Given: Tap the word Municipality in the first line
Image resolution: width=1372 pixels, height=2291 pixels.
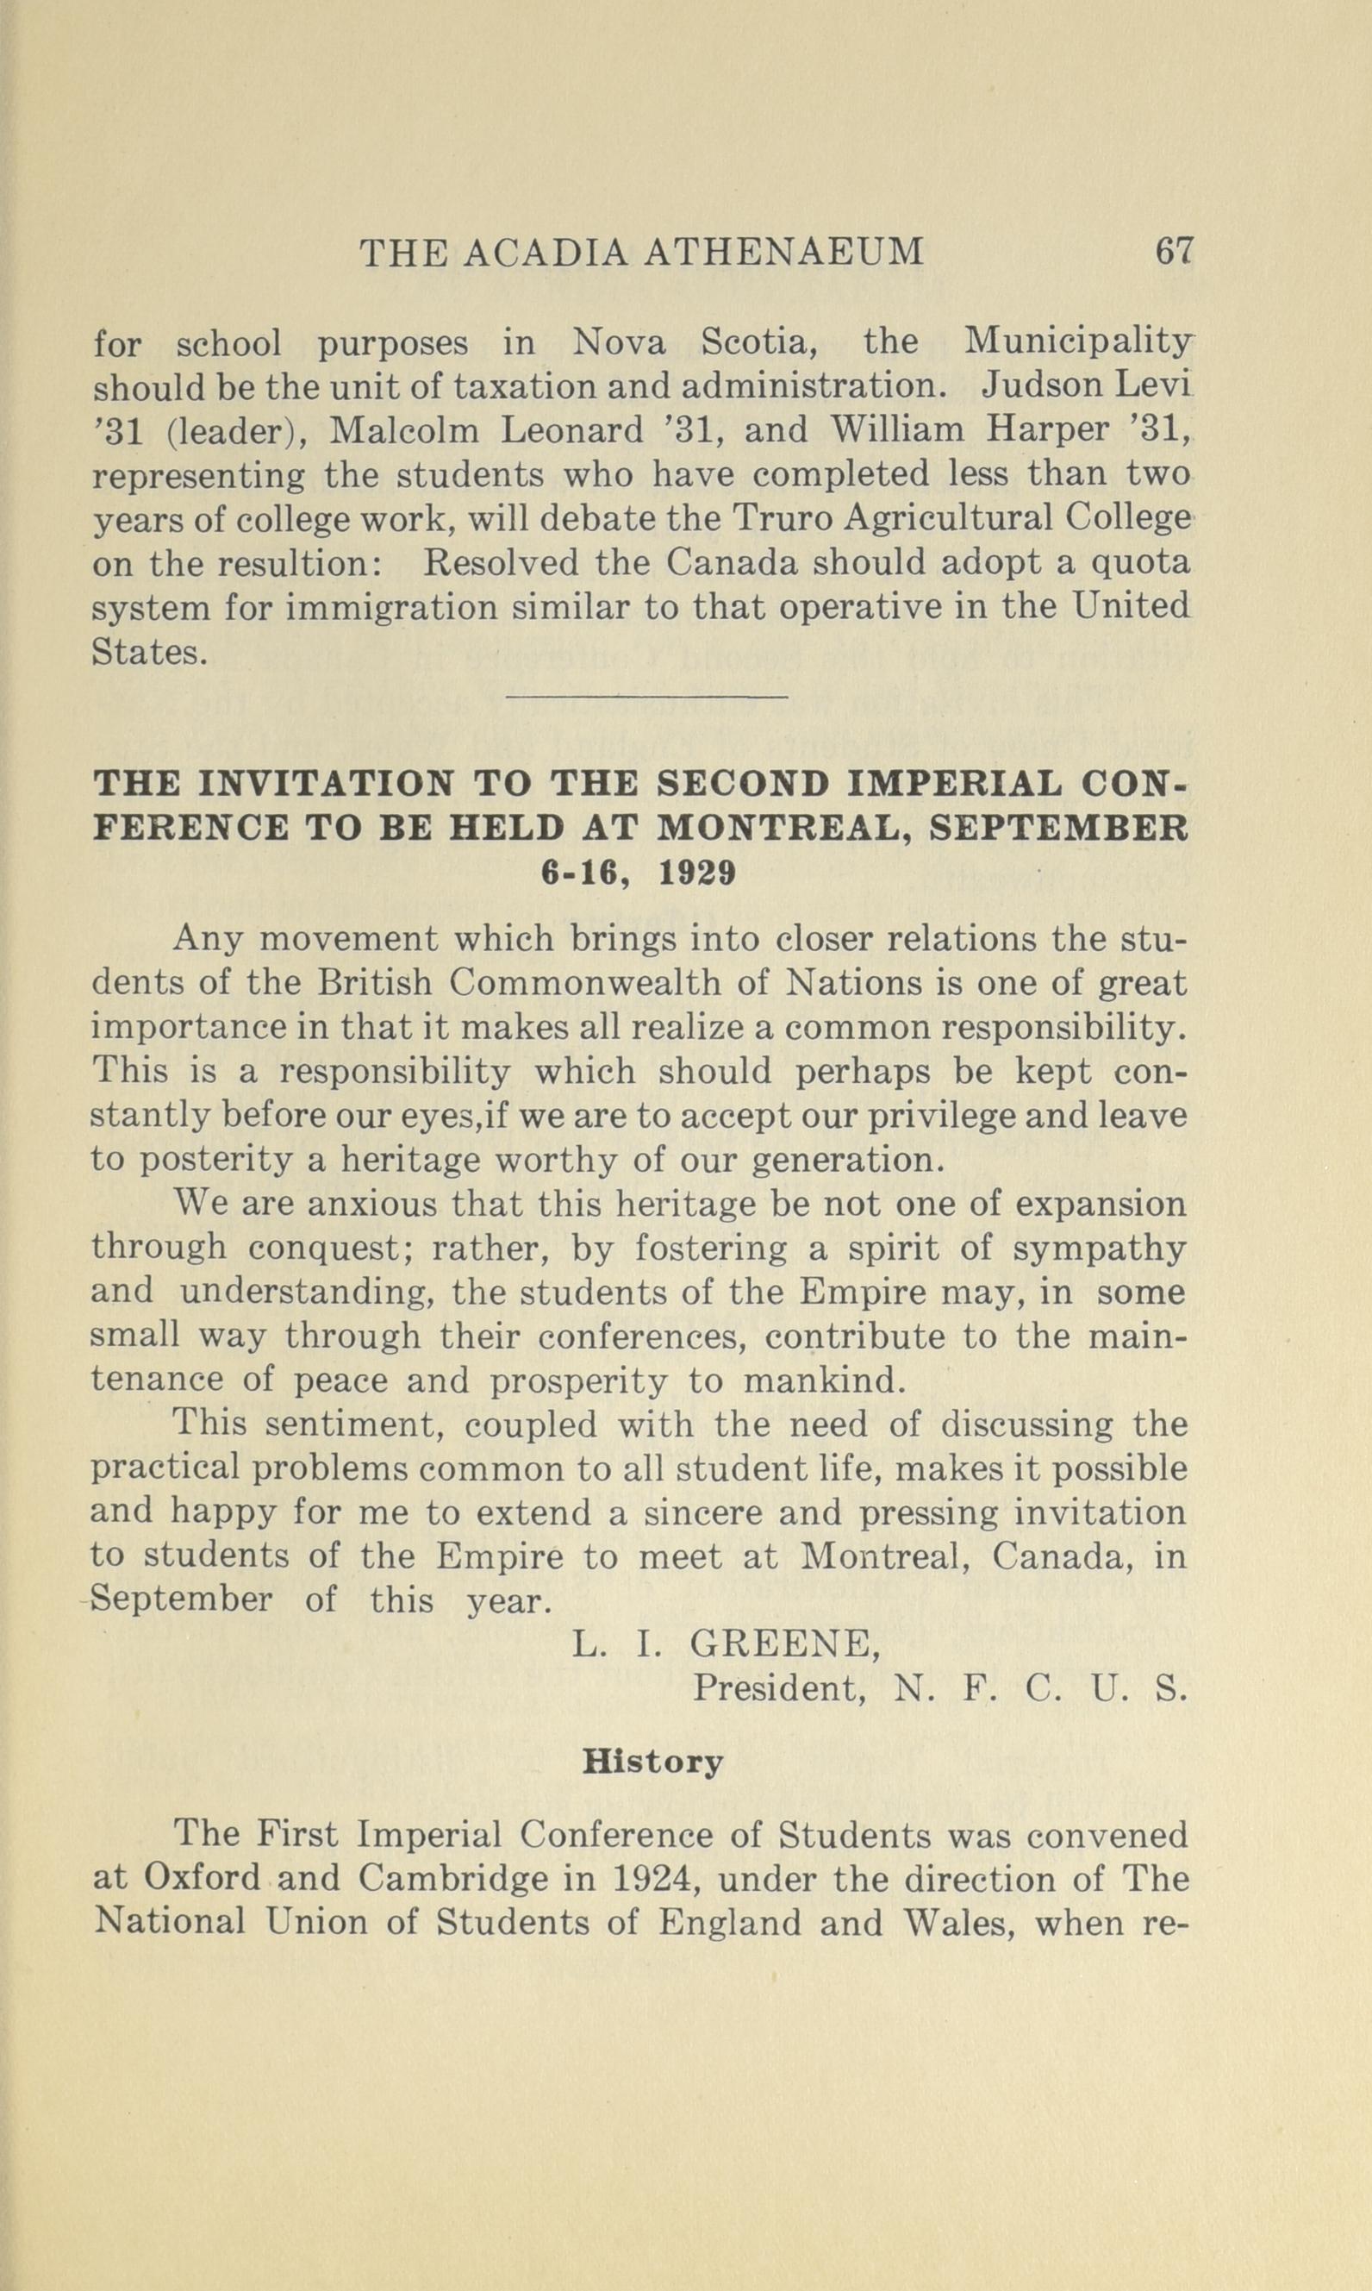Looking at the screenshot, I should pyautogui.click(x=1077, y=345).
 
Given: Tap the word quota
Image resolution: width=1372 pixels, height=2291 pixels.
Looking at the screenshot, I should pyautogui.click(x=1142, y=563).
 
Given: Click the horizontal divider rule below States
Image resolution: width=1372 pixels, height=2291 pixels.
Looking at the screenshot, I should pyautogui.click(x=647, y=696).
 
